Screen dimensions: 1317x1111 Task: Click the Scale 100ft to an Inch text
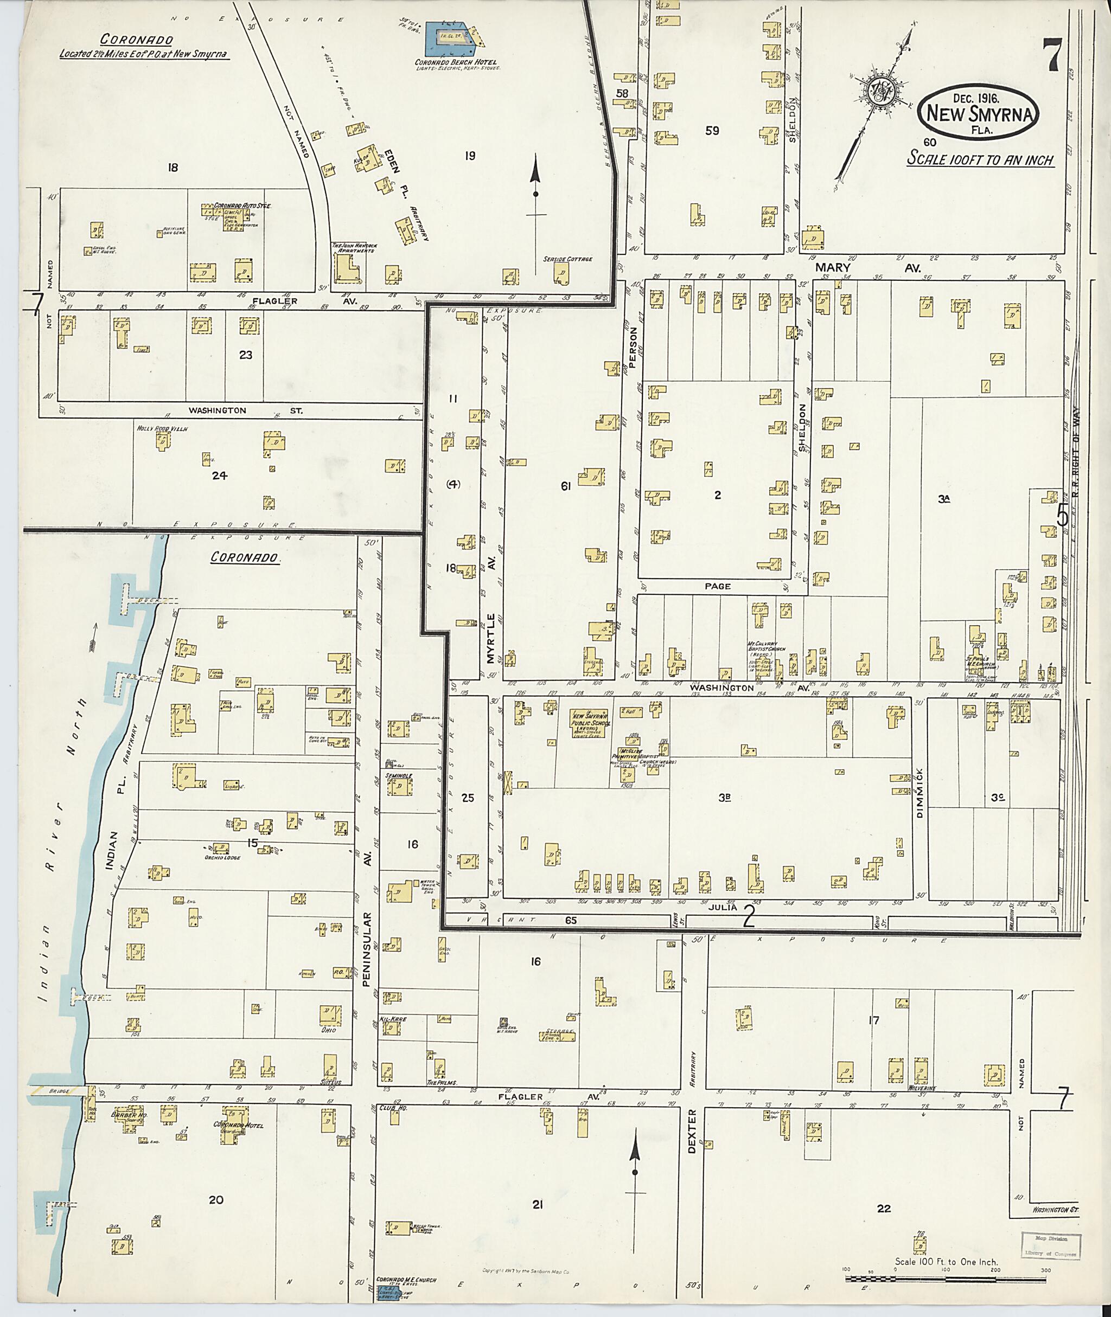[980, 160]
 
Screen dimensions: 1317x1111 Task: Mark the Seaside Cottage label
[567, 259]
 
